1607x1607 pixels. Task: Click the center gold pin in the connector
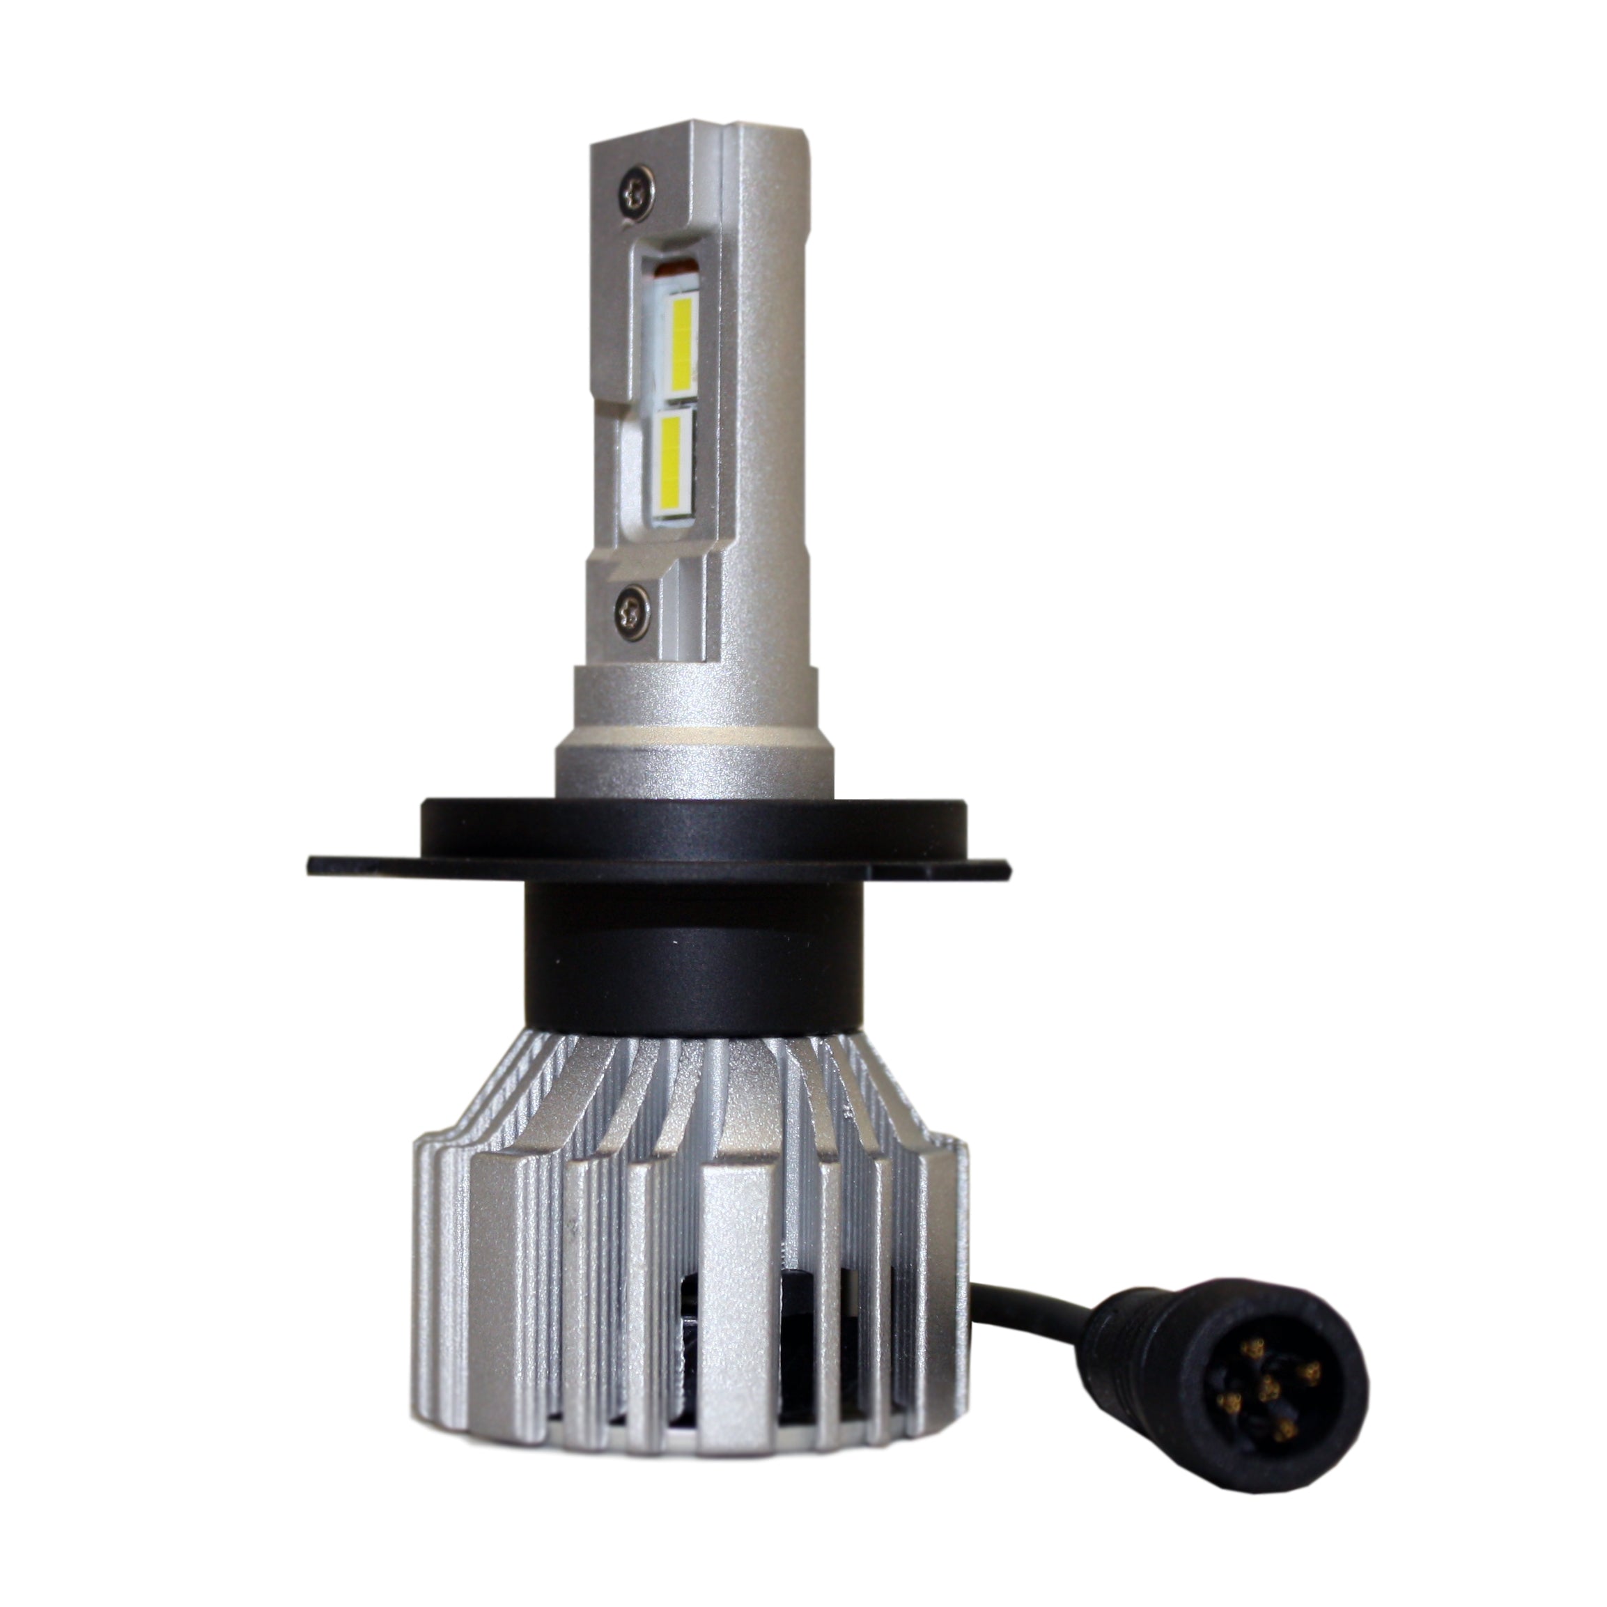[1269, 1389]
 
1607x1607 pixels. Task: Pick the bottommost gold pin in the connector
[1286, 1431]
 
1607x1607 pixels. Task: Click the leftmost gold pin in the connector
[1230, 1403]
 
